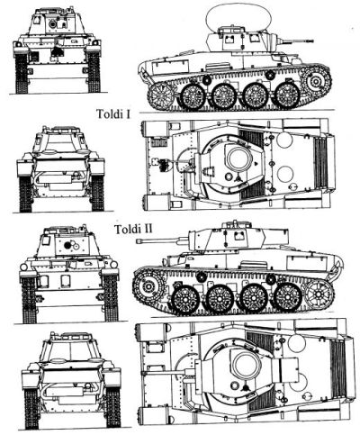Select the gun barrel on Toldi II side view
pos(175,240)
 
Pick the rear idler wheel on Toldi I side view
pos(162,93)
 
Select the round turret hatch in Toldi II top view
pos(244,364)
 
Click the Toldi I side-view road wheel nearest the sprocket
pos(287,95)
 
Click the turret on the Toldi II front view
pos(71,244)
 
